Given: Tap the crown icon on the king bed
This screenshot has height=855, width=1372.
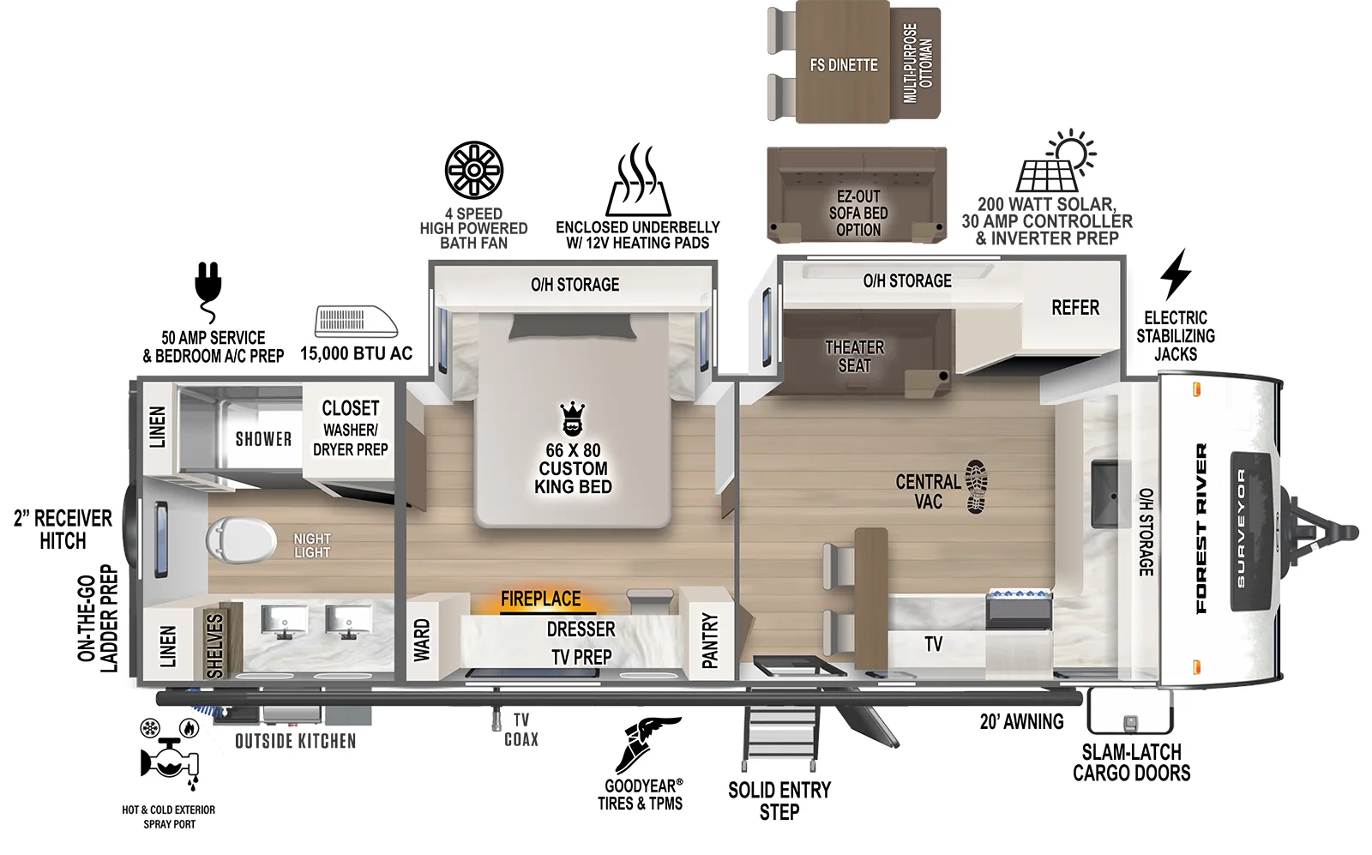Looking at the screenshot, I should click(x=572, y=419).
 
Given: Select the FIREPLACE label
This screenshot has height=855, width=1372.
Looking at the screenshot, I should click(x=540, y=599).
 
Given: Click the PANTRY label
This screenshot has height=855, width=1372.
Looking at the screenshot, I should click(x=710, y=641).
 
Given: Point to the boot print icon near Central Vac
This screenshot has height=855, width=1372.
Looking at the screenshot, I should click(x=976, y=486).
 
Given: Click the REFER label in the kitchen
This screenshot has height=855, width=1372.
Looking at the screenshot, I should click(x=1074, y=308).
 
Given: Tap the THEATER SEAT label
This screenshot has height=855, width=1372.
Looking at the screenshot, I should click(x=854, y=357).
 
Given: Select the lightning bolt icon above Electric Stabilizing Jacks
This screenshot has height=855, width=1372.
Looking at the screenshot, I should click(x=1175, y=274).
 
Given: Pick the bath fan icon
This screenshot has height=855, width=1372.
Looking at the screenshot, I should click(x=474, y=170).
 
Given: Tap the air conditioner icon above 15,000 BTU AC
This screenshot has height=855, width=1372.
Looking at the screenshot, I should click(x=355, y=322).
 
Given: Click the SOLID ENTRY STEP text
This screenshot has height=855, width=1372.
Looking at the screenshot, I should click(x=779, y=801).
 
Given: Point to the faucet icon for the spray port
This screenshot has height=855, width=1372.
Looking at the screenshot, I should click(x=170, y=760).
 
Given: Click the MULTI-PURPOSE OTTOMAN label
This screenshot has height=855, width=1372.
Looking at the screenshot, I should click(x=918, y=63).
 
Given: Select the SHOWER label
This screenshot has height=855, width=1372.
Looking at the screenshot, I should click(x=263, y=439).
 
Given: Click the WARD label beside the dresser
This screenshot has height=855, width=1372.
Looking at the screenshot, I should click(x=422, y=641).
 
